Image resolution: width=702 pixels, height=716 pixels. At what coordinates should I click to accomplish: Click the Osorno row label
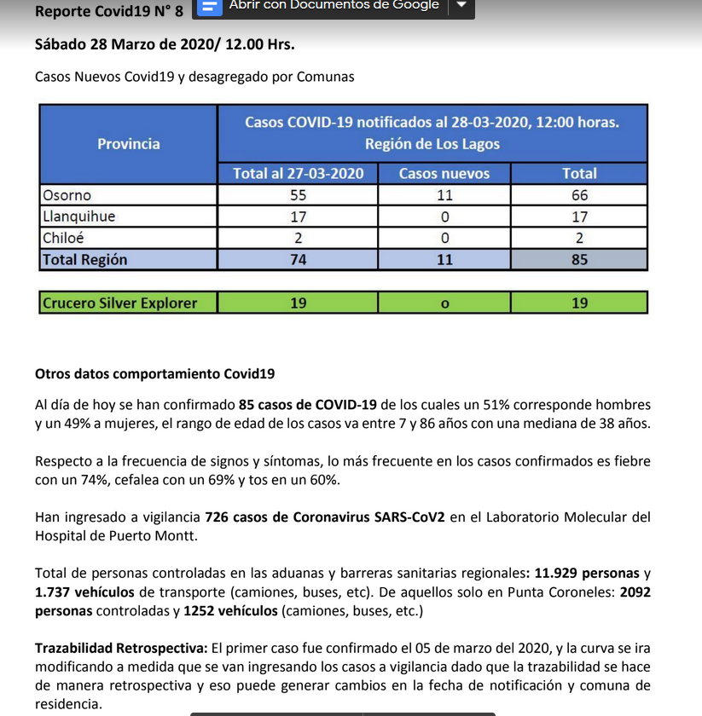click(x=67, y=195)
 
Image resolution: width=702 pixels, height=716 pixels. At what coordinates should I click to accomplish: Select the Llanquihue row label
click(x=78, y=217)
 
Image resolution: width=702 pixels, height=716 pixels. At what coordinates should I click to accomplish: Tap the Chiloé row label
click(x=63, y=239)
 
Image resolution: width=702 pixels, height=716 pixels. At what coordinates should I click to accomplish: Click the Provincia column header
click(x=128, y=143)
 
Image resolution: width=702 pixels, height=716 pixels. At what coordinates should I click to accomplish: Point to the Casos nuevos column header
click(x=444, y=173)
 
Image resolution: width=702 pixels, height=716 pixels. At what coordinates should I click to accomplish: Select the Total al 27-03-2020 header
click(x=299, y=173)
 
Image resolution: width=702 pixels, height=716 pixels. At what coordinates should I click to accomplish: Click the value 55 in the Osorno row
click(x=299, y=195)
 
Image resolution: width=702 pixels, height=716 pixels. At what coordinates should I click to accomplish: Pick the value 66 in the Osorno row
click(x=579, y=195)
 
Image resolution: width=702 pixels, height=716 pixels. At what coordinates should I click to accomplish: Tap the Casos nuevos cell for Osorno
click(x=444, y=195)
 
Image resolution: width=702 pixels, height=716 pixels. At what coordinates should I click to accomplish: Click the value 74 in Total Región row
click(x=299, y=260)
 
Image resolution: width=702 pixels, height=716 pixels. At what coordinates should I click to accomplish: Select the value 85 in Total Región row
click(x=579, y=260)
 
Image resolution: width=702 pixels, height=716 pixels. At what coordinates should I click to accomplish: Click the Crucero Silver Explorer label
click(x=119, y=303)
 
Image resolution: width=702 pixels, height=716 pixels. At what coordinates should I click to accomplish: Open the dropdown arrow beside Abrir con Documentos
click(x=461, y=5)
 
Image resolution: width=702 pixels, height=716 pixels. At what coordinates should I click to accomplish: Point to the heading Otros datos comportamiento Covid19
click(x=154, y=374)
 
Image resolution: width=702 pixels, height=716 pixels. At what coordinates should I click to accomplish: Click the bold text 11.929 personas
click(x=586, y=574)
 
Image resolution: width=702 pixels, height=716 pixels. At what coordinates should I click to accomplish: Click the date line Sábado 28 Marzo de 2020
click(x=165, y=44)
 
